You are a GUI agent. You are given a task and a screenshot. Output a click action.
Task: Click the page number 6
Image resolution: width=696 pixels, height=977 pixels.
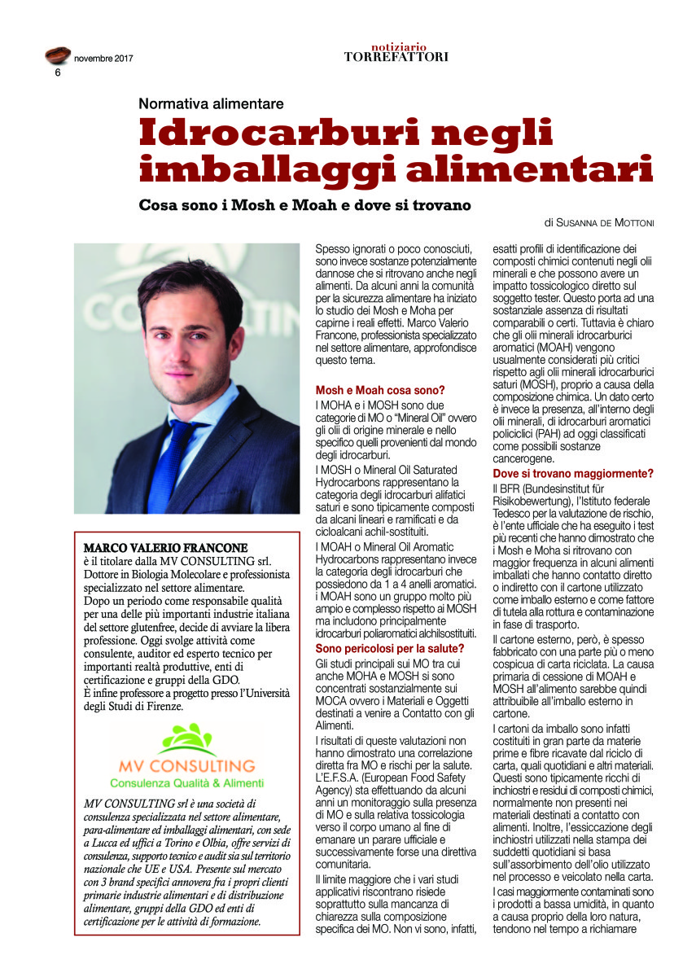pos(58,72)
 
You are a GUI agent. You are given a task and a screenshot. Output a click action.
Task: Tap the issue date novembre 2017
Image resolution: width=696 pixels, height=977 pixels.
pos(103,59)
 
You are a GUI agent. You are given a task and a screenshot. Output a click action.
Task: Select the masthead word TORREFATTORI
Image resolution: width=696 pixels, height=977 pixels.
pos(396,57)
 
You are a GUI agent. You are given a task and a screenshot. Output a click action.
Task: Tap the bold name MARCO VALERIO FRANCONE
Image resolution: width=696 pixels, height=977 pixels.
pos(165,548)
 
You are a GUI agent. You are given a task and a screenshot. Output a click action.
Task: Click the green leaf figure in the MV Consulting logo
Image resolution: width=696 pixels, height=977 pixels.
pos(186,740)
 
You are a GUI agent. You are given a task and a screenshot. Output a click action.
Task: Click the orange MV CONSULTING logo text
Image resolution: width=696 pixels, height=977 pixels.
pos(186,766)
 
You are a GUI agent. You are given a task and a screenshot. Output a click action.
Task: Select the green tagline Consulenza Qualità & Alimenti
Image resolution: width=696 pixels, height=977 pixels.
pos(186,783)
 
